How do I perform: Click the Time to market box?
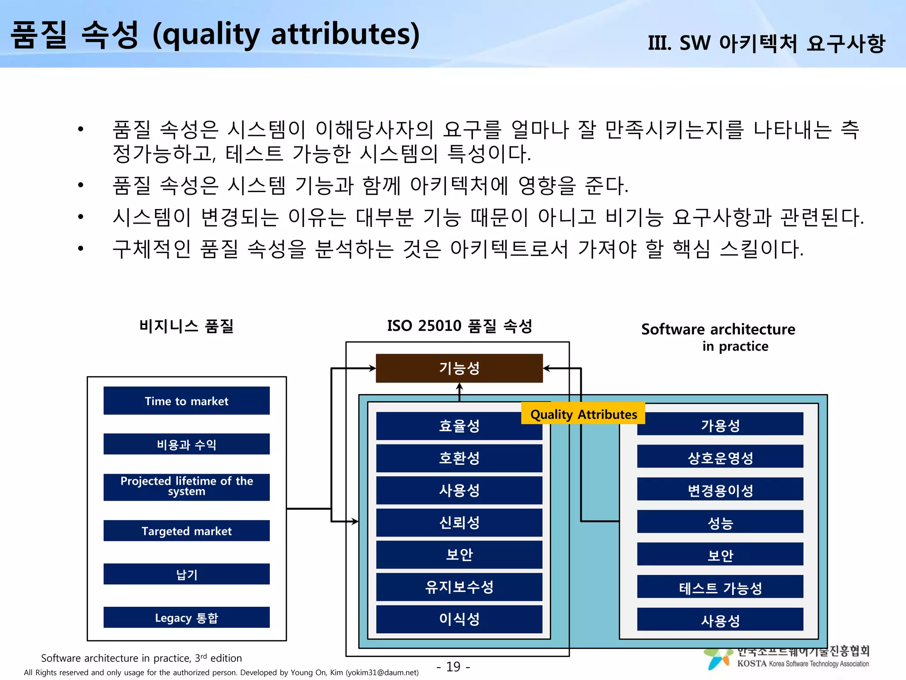coord(186,401)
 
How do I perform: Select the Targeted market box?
coord(186,530)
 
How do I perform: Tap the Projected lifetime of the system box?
coord(186,487)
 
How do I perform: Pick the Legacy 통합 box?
coord(186,617)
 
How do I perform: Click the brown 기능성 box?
coord(459,368)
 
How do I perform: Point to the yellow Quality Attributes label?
coord(583,414)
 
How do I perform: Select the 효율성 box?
coord(459,425)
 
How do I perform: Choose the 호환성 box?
coord(459,458)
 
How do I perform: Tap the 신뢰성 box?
coord(459,522)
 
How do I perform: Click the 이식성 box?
coord(459,619)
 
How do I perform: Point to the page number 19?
coord(453,666)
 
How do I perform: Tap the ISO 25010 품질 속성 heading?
coord(459,326)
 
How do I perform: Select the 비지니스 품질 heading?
coord(186,326)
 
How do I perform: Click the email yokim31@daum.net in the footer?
coord(382,672)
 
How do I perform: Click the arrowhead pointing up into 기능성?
coord(459,386)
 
